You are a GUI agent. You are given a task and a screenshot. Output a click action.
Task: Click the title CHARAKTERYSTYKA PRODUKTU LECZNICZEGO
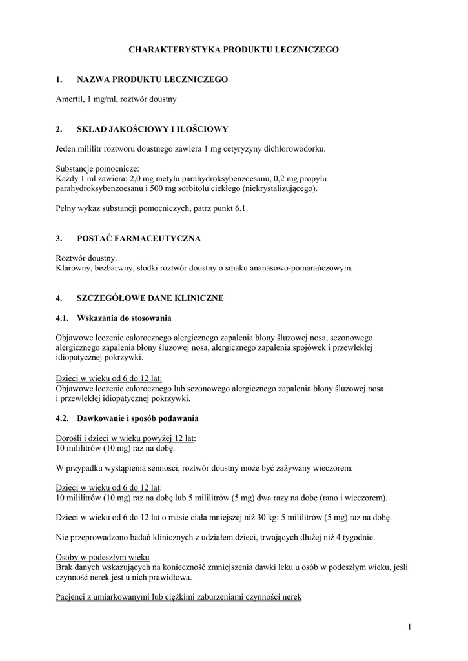point(234,49)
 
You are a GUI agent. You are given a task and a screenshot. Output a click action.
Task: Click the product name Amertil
point(69,99)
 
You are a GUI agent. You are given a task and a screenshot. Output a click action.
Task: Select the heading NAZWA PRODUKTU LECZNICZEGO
point(152,79)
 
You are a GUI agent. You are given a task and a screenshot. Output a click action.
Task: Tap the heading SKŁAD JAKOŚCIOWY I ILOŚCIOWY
point(152,130)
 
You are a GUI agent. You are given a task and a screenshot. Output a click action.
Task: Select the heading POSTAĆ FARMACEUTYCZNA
point(139,239)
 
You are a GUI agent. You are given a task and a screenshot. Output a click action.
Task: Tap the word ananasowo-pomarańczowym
point(303,268)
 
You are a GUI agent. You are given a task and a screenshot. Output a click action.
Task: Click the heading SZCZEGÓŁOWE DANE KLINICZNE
point(150,298)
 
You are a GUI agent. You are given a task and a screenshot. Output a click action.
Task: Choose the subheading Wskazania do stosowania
point(125,318)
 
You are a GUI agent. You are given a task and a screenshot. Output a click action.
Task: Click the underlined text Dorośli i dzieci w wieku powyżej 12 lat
point(125,438)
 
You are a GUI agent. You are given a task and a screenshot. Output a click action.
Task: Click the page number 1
point(409,625)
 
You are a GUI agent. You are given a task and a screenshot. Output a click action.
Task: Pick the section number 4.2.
point(63,418)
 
